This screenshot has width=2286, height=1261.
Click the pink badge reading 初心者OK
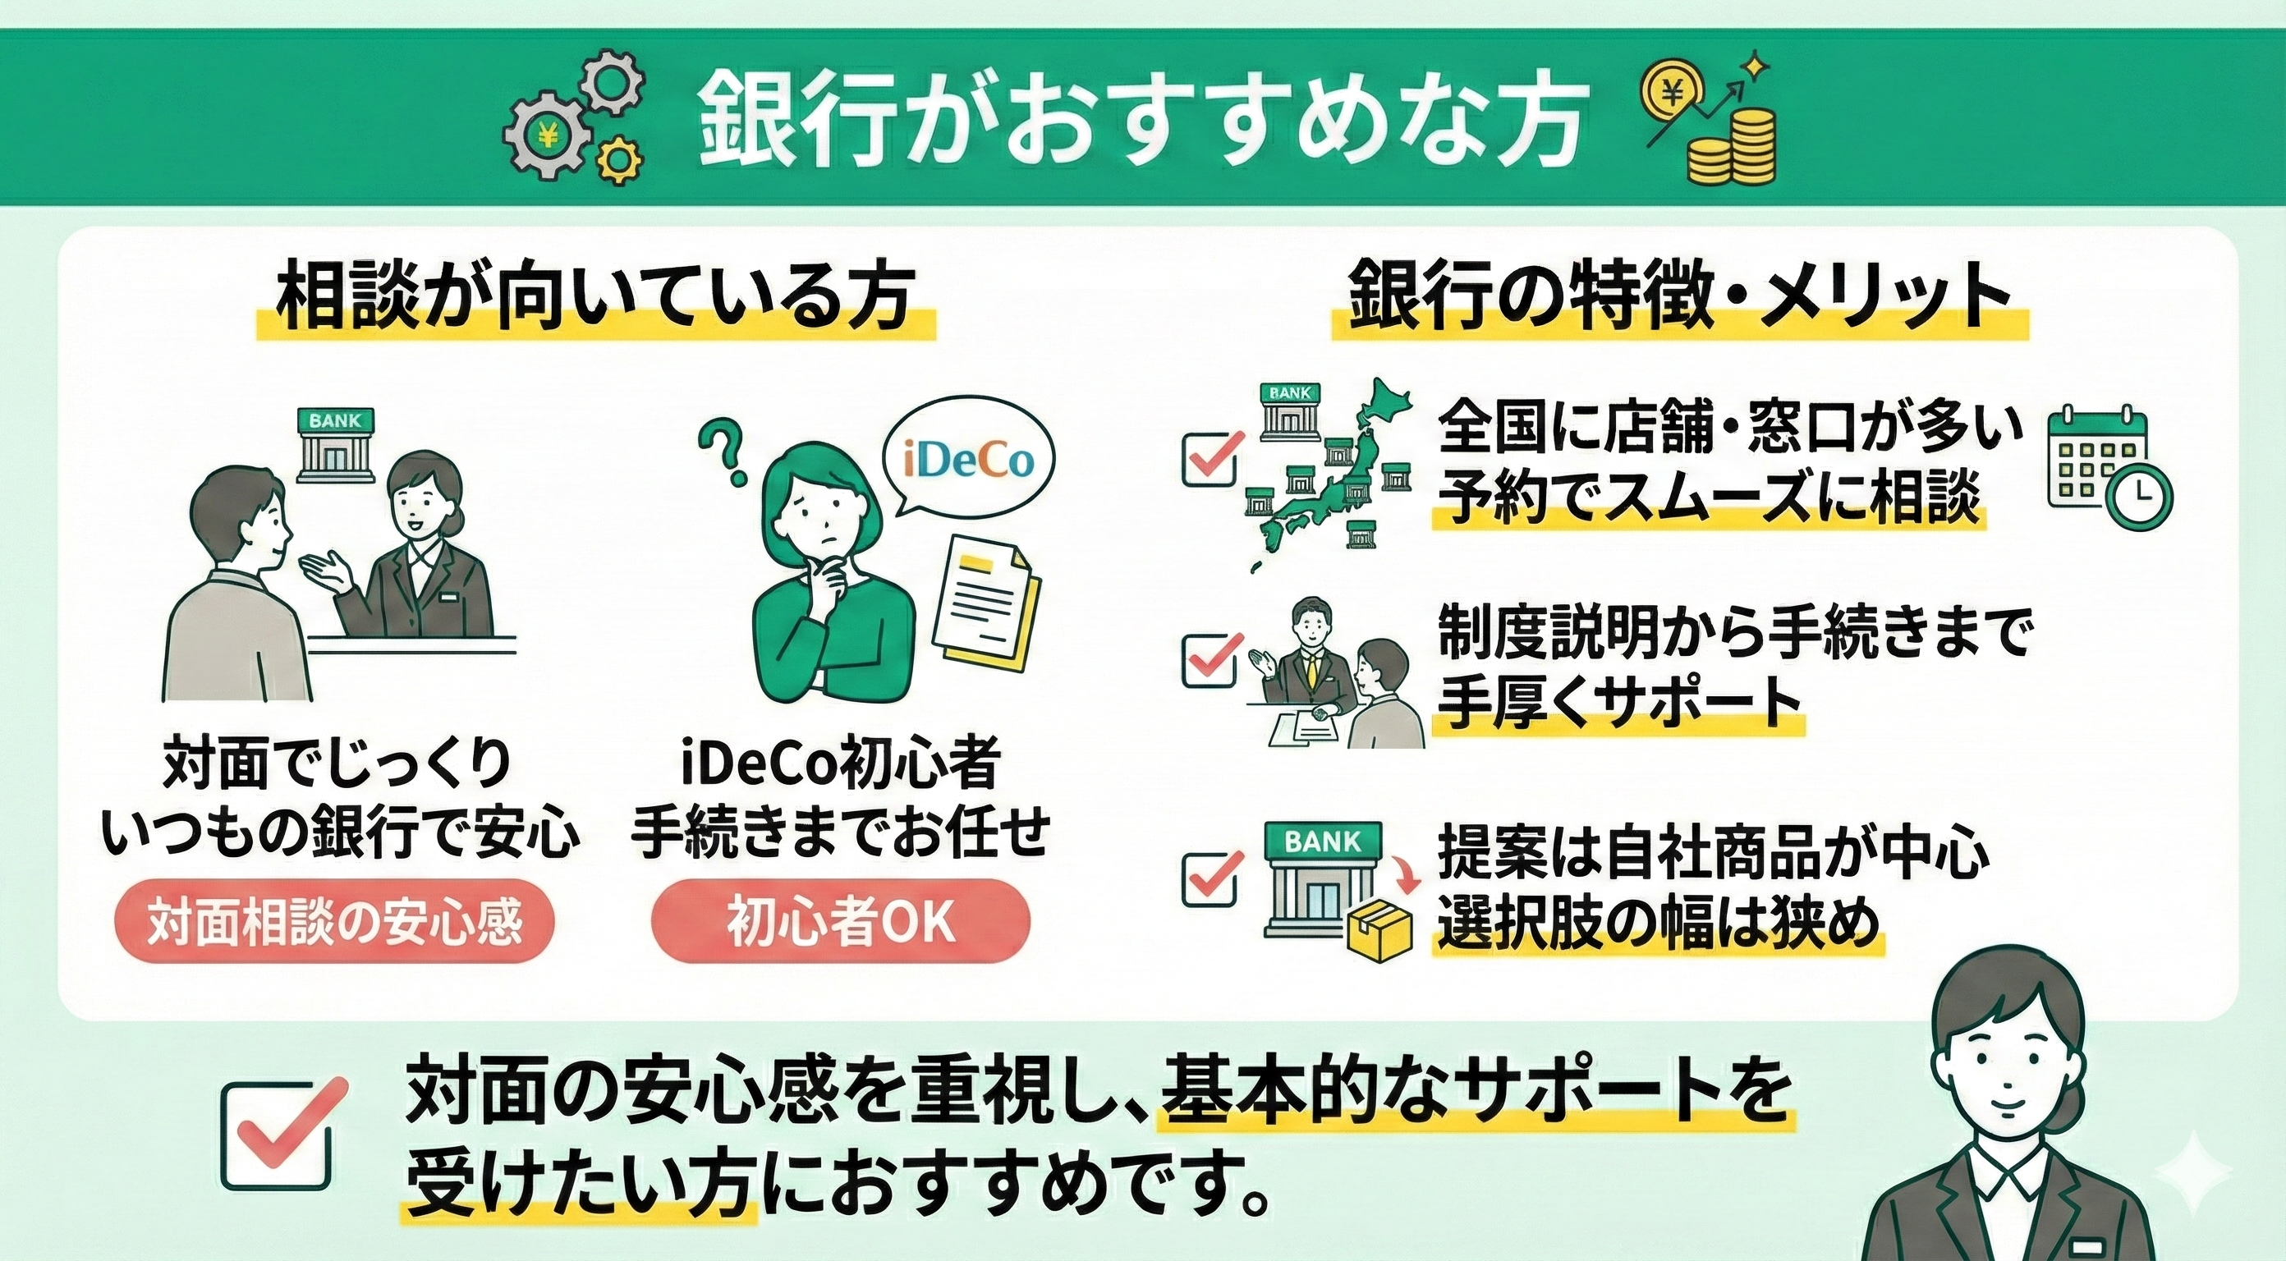click(840, 923)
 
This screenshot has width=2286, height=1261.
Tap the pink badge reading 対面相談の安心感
click(334, 923)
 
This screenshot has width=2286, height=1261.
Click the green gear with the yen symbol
click(547, 136)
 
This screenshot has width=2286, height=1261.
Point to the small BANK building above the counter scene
click(334, 443)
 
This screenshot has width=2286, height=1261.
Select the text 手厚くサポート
click(1618, 703)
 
